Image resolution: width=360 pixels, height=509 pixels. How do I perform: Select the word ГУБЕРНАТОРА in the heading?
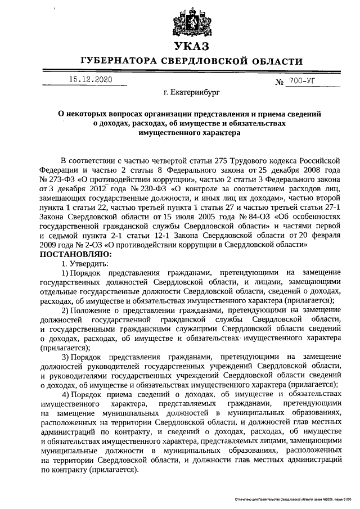tap(118, 61)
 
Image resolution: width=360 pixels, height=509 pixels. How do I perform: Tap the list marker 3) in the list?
tap(65, 356)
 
